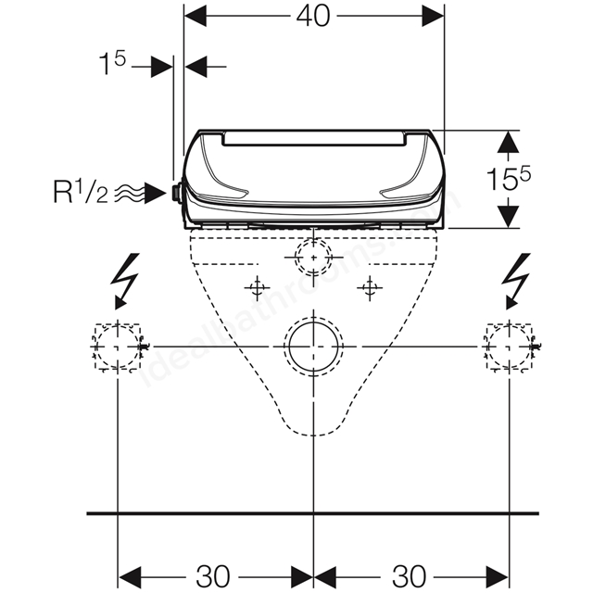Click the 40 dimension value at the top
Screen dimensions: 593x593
tap(313, 17)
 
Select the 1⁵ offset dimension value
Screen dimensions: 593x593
tap(112, 63)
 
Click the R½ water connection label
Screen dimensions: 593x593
tap(81, 193)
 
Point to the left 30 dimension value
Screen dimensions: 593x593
tap(213, 576)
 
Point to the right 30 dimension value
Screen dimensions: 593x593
tap(410, 576)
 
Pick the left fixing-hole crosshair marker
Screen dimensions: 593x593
tap(258, 288)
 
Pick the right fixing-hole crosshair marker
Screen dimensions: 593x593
tap(370, 288)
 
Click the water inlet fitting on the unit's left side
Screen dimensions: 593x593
tap(176, 193)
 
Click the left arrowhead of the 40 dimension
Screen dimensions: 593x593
tap(196, 17)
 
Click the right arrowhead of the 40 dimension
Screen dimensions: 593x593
tap(433, 17)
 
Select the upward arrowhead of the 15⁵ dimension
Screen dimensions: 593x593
tap(508, 142)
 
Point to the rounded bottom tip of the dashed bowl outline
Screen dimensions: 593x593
tap(313, 435)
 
